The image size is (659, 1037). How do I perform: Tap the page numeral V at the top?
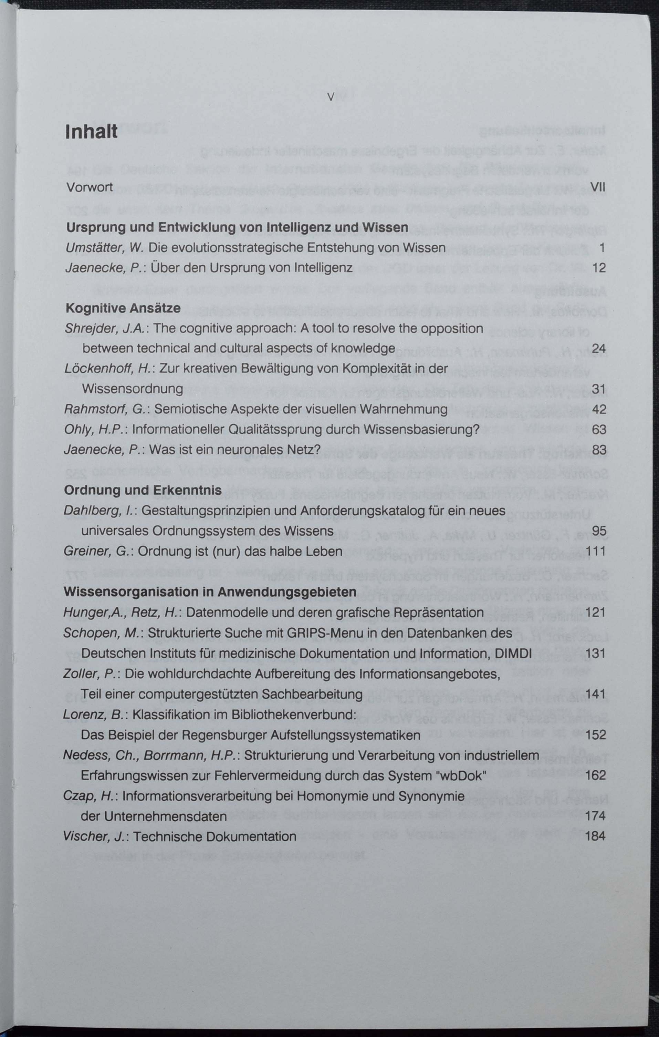coord(330,97)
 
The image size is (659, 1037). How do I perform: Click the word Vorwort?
coord(90,187)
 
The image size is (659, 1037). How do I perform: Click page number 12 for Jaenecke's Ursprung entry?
coord(599,268)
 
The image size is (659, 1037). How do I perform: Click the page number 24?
coord(599,348)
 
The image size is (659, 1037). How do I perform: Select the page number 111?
coord(596,551)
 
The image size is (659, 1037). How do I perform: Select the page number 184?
coord(595,836)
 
